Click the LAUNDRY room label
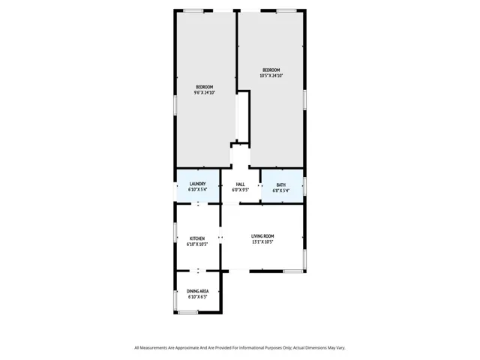tap(198, 184)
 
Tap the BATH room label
tap(280, 184)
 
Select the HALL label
tap(240, 184)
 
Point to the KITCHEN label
tap(197, 238)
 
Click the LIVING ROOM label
tap(262, 236)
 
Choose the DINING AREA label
tap(197, 291)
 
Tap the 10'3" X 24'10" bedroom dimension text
tap(271, 75)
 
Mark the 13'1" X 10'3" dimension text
tap(262, 242)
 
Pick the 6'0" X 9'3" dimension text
tap(240, 190)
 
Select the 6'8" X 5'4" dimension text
tap(280, 190)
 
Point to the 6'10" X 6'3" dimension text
tap(197, 297)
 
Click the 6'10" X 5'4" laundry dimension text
tap(198, 190)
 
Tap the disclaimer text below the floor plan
tap(240, 347)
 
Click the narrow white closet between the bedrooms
tap(242, 116)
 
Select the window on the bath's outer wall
tap(304, 185)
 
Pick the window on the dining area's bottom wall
tap(187, 311)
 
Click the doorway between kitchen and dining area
tap(198, 271)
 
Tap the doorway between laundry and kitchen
tap(198, 203)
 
